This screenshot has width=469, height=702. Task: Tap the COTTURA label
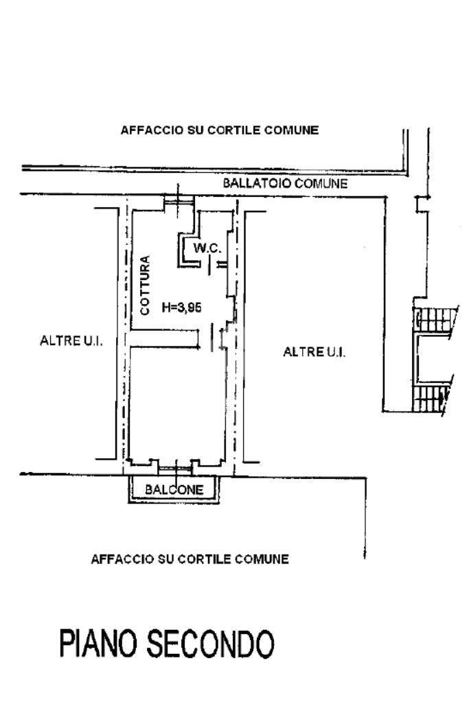[x=145, y=285]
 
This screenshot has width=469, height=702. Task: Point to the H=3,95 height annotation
[x=181, y=308]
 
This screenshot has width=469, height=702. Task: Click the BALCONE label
[x=174, y=490]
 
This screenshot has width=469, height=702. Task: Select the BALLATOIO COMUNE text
[x=285, y=184]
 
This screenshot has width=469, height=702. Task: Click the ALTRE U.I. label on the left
[x=71, y=342]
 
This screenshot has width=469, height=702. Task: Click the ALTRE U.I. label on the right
[x=314, y=352]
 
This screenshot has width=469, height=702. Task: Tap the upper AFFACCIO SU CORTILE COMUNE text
[x=219, y=130]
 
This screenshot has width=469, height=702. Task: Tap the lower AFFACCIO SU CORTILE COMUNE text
[x=190, y=559]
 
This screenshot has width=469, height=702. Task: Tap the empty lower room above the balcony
[x=175, y=405]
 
